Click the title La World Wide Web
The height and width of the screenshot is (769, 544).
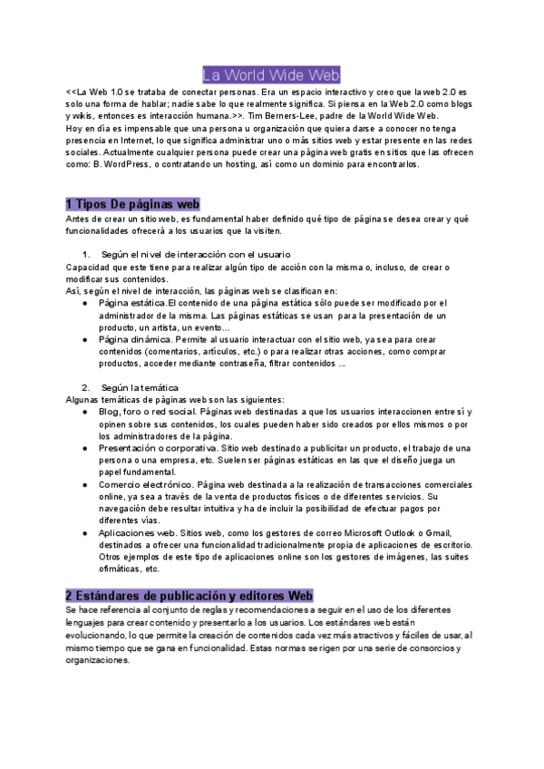coord(271,74)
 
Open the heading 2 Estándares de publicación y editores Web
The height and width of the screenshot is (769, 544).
coord(189,596)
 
